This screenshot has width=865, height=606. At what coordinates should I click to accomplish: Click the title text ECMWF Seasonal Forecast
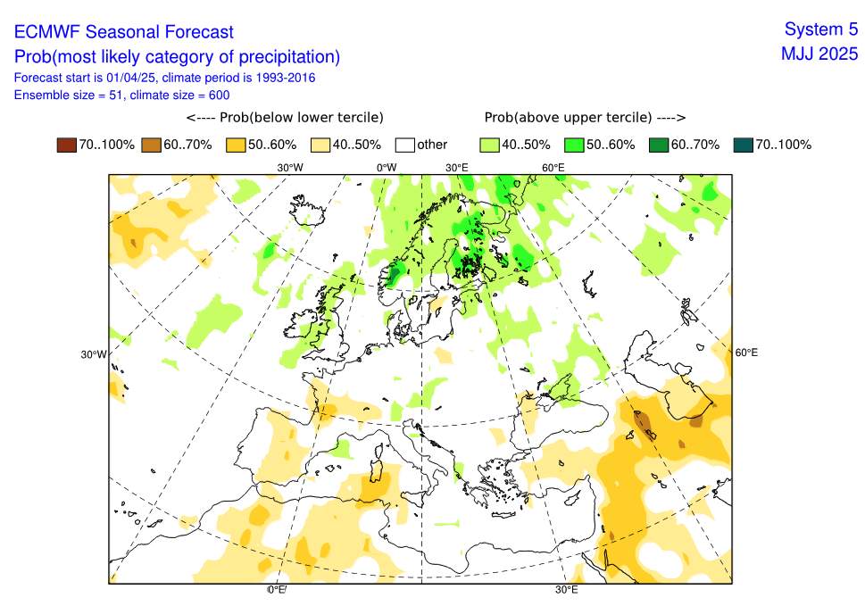pos(124,32)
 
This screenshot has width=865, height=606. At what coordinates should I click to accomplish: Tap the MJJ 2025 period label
pos(819,54)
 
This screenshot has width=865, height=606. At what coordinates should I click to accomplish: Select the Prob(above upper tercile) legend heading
pos(584,118)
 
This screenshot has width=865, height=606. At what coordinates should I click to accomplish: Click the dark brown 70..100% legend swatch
pos(66,145)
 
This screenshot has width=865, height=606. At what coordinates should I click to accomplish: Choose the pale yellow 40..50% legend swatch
pos(320,145)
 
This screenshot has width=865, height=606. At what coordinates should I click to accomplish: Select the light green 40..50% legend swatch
pos(488,145)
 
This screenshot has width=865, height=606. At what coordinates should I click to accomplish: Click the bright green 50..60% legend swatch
pos(573,145)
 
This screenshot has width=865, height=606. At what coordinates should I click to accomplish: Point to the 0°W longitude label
pos(386,168)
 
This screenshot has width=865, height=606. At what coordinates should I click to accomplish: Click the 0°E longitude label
pos(276,590)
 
